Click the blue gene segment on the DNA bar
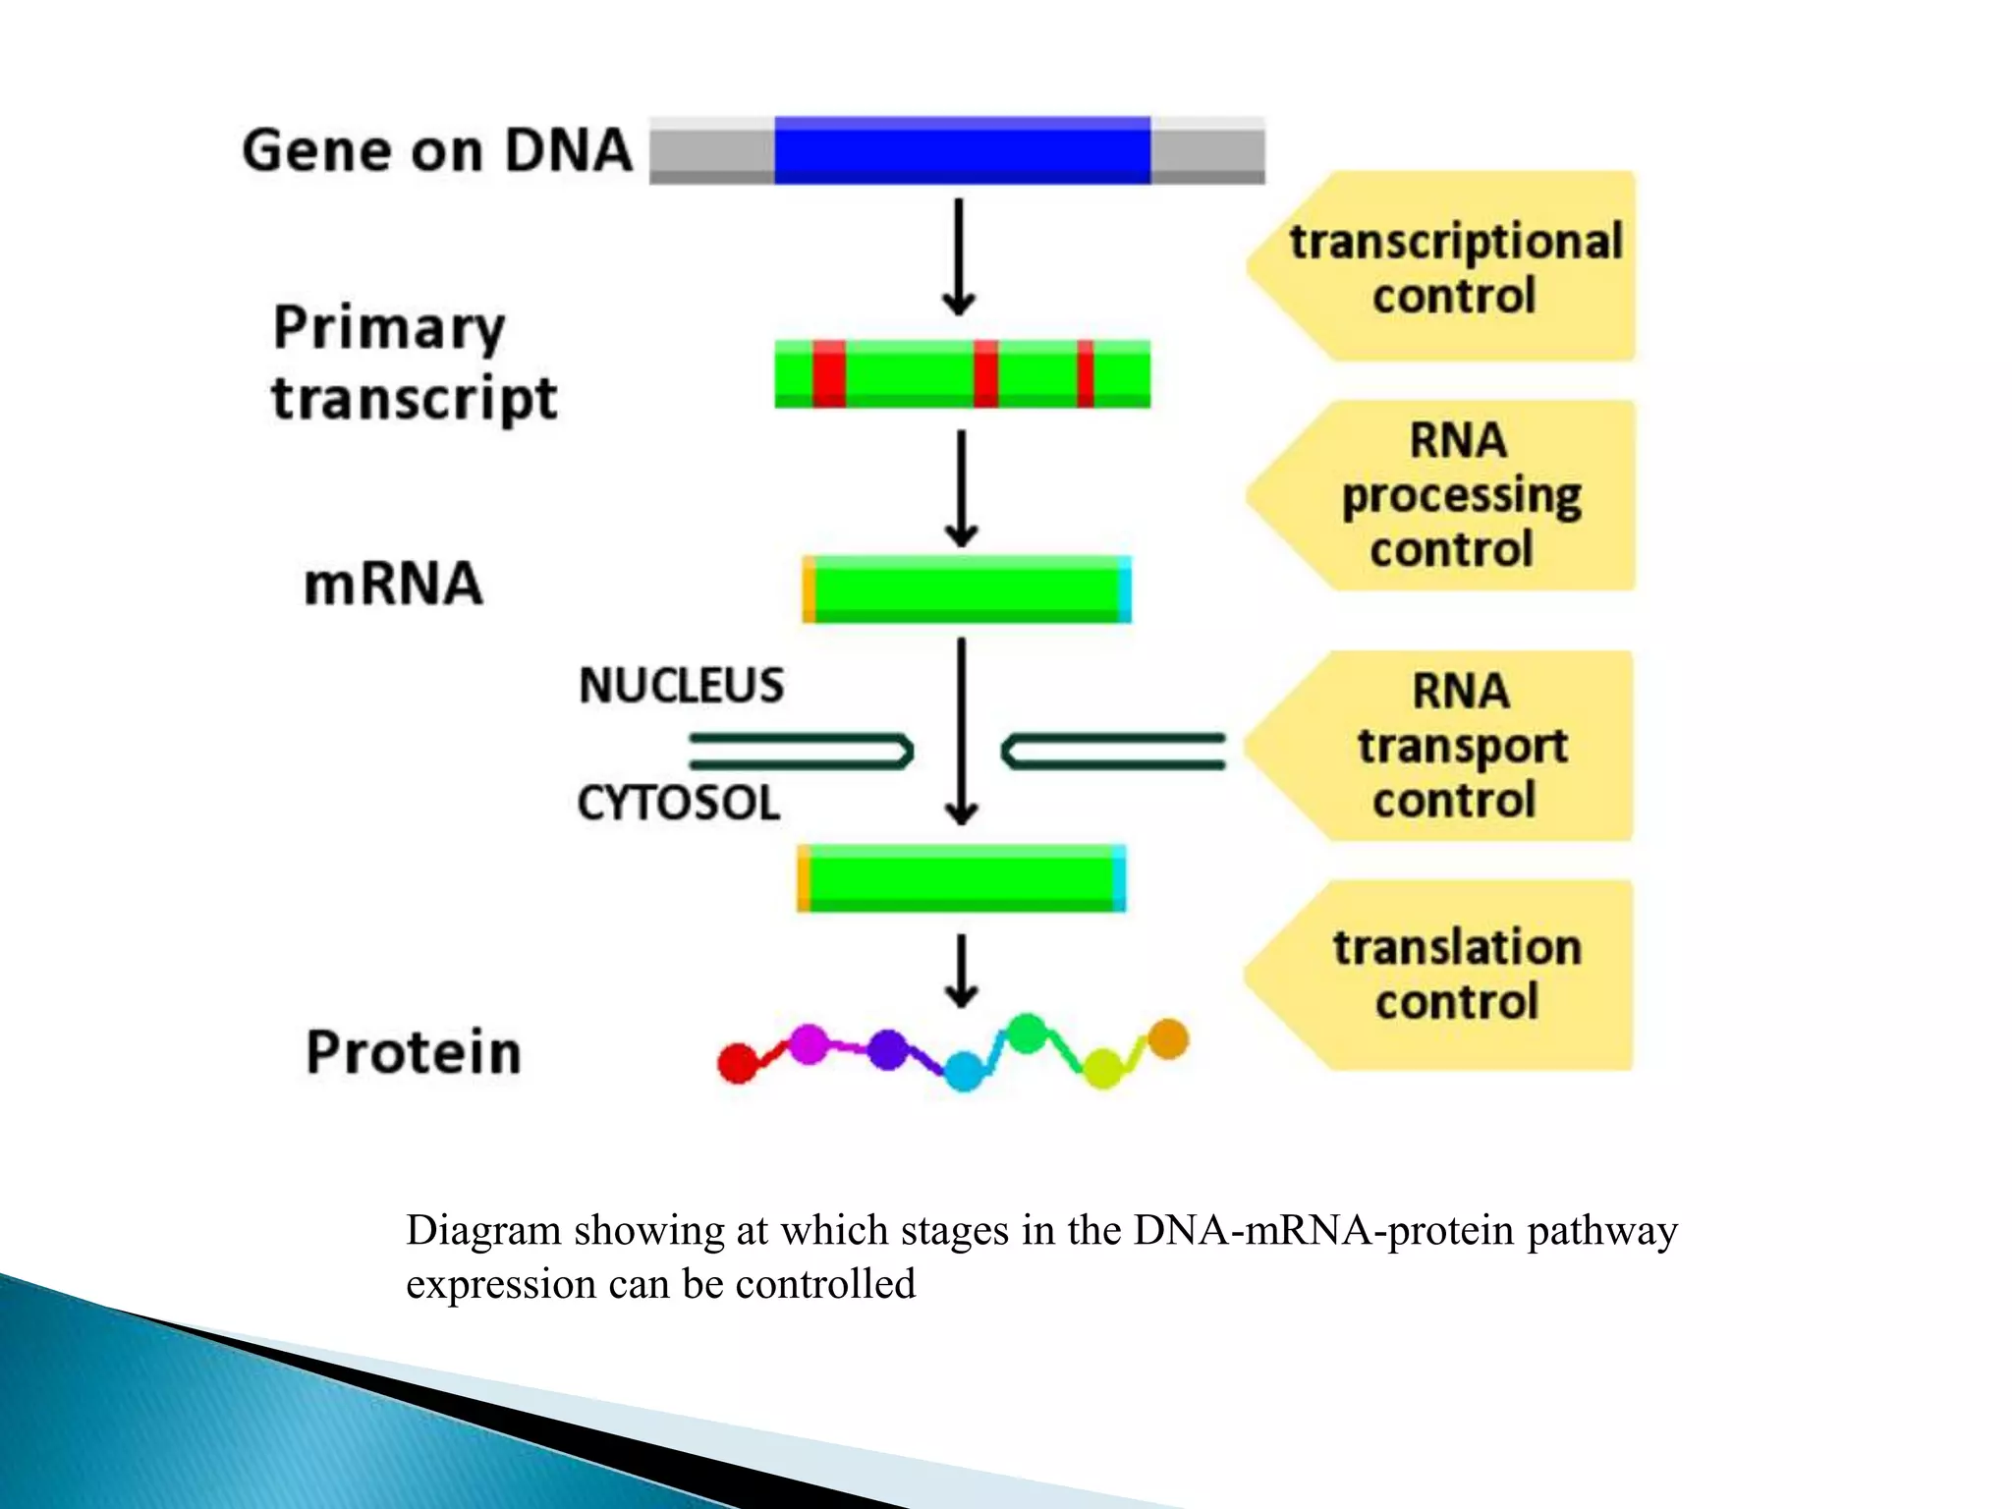pos(962,149)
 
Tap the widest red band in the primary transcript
pos(829,373)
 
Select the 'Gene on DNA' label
pos(437,150)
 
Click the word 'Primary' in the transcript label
pos(389,328)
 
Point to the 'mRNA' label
pos(393,584)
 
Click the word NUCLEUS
pos(681,685)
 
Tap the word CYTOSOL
pos(679,803)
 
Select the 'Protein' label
pos(414,1052)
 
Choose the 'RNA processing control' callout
pos(1459,495)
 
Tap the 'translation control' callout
pos(1456,975)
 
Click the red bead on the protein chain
pos(738,1063)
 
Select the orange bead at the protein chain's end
pos(1168,1038)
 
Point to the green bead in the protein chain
pos(1028,1034)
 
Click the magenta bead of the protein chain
pos(809,1043)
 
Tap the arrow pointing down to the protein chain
pos(961,971)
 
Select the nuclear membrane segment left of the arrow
pos(801,752)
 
